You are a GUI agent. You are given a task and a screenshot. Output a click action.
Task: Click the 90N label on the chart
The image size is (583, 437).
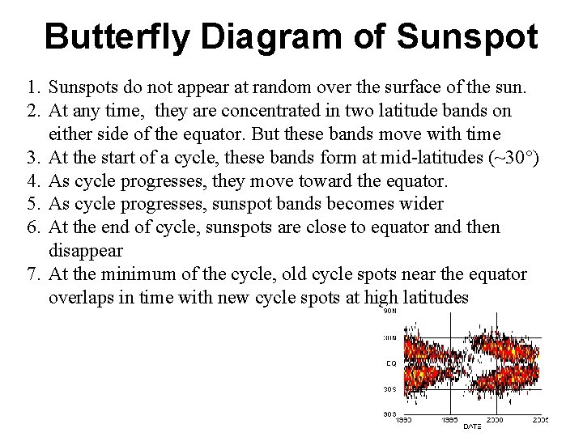[x=389, y=310]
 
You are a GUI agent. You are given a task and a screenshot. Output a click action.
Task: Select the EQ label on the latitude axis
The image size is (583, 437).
[x=390, y=363]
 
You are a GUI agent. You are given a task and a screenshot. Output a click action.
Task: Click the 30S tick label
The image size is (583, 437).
[x=389, y=389]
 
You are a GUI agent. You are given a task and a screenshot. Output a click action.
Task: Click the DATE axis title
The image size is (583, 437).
[x=471, y=426]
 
